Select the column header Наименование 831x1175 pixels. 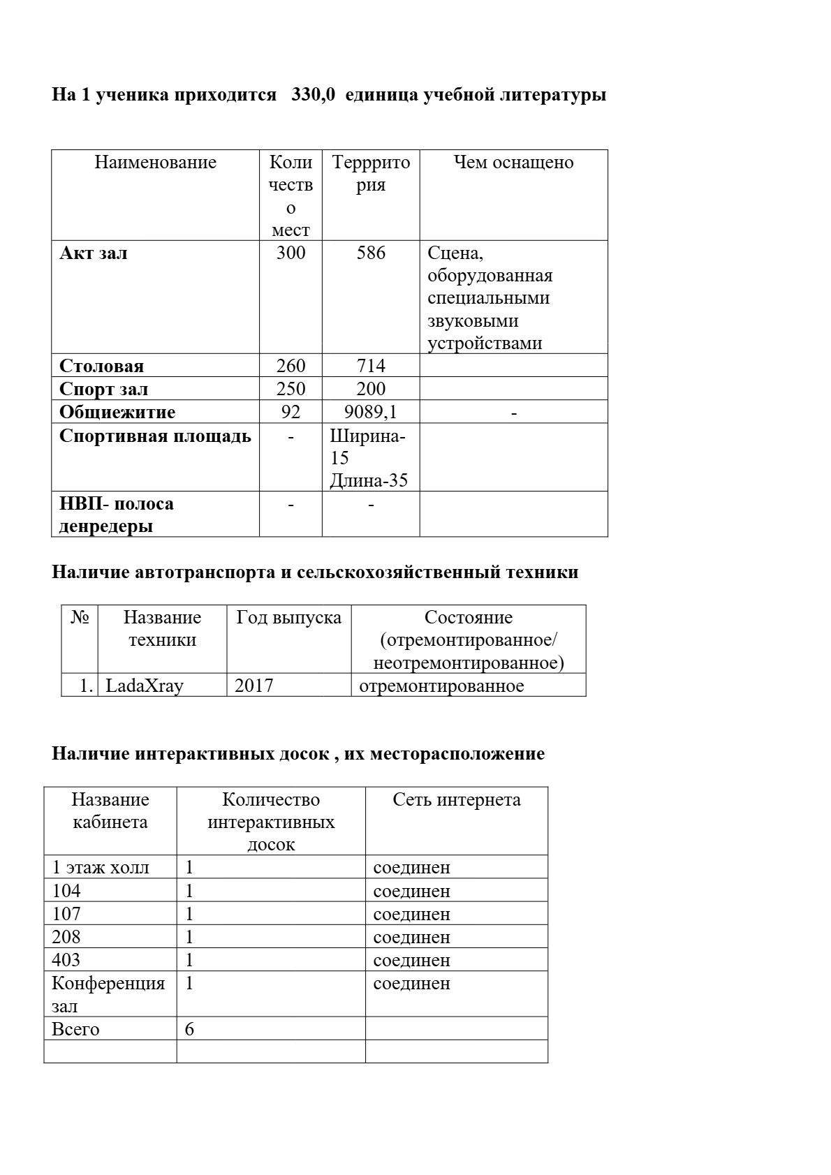(x=155, y=163)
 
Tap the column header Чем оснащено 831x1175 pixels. (x=513, y=163)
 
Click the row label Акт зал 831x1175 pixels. (x=94, y=253)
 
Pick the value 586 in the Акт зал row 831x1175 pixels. (x=371, y=253)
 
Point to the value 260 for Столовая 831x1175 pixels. (x=291, y=366)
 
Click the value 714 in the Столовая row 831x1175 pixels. (x=371, y=366)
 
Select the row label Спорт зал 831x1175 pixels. (x=103, y=389)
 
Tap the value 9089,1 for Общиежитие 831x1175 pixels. (x=371, y=412)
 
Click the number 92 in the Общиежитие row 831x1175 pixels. (x=291, y=412)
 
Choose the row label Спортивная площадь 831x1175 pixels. (x=155, y=436)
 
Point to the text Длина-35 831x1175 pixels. (x=369, y=481)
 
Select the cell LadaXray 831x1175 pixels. (x=145, y=686)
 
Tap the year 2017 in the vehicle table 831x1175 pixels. (x=254, y=686)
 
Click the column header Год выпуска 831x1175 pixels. (x=289, y=618)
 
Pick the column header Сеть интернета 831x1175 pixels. (x=457, y=800)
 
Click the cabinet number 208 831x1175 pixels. (x=66, y=937)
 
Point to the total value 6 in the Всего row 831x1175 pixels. (x=189, y=1030)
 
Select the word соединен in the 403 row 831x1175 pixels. (x=412, y=961)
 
